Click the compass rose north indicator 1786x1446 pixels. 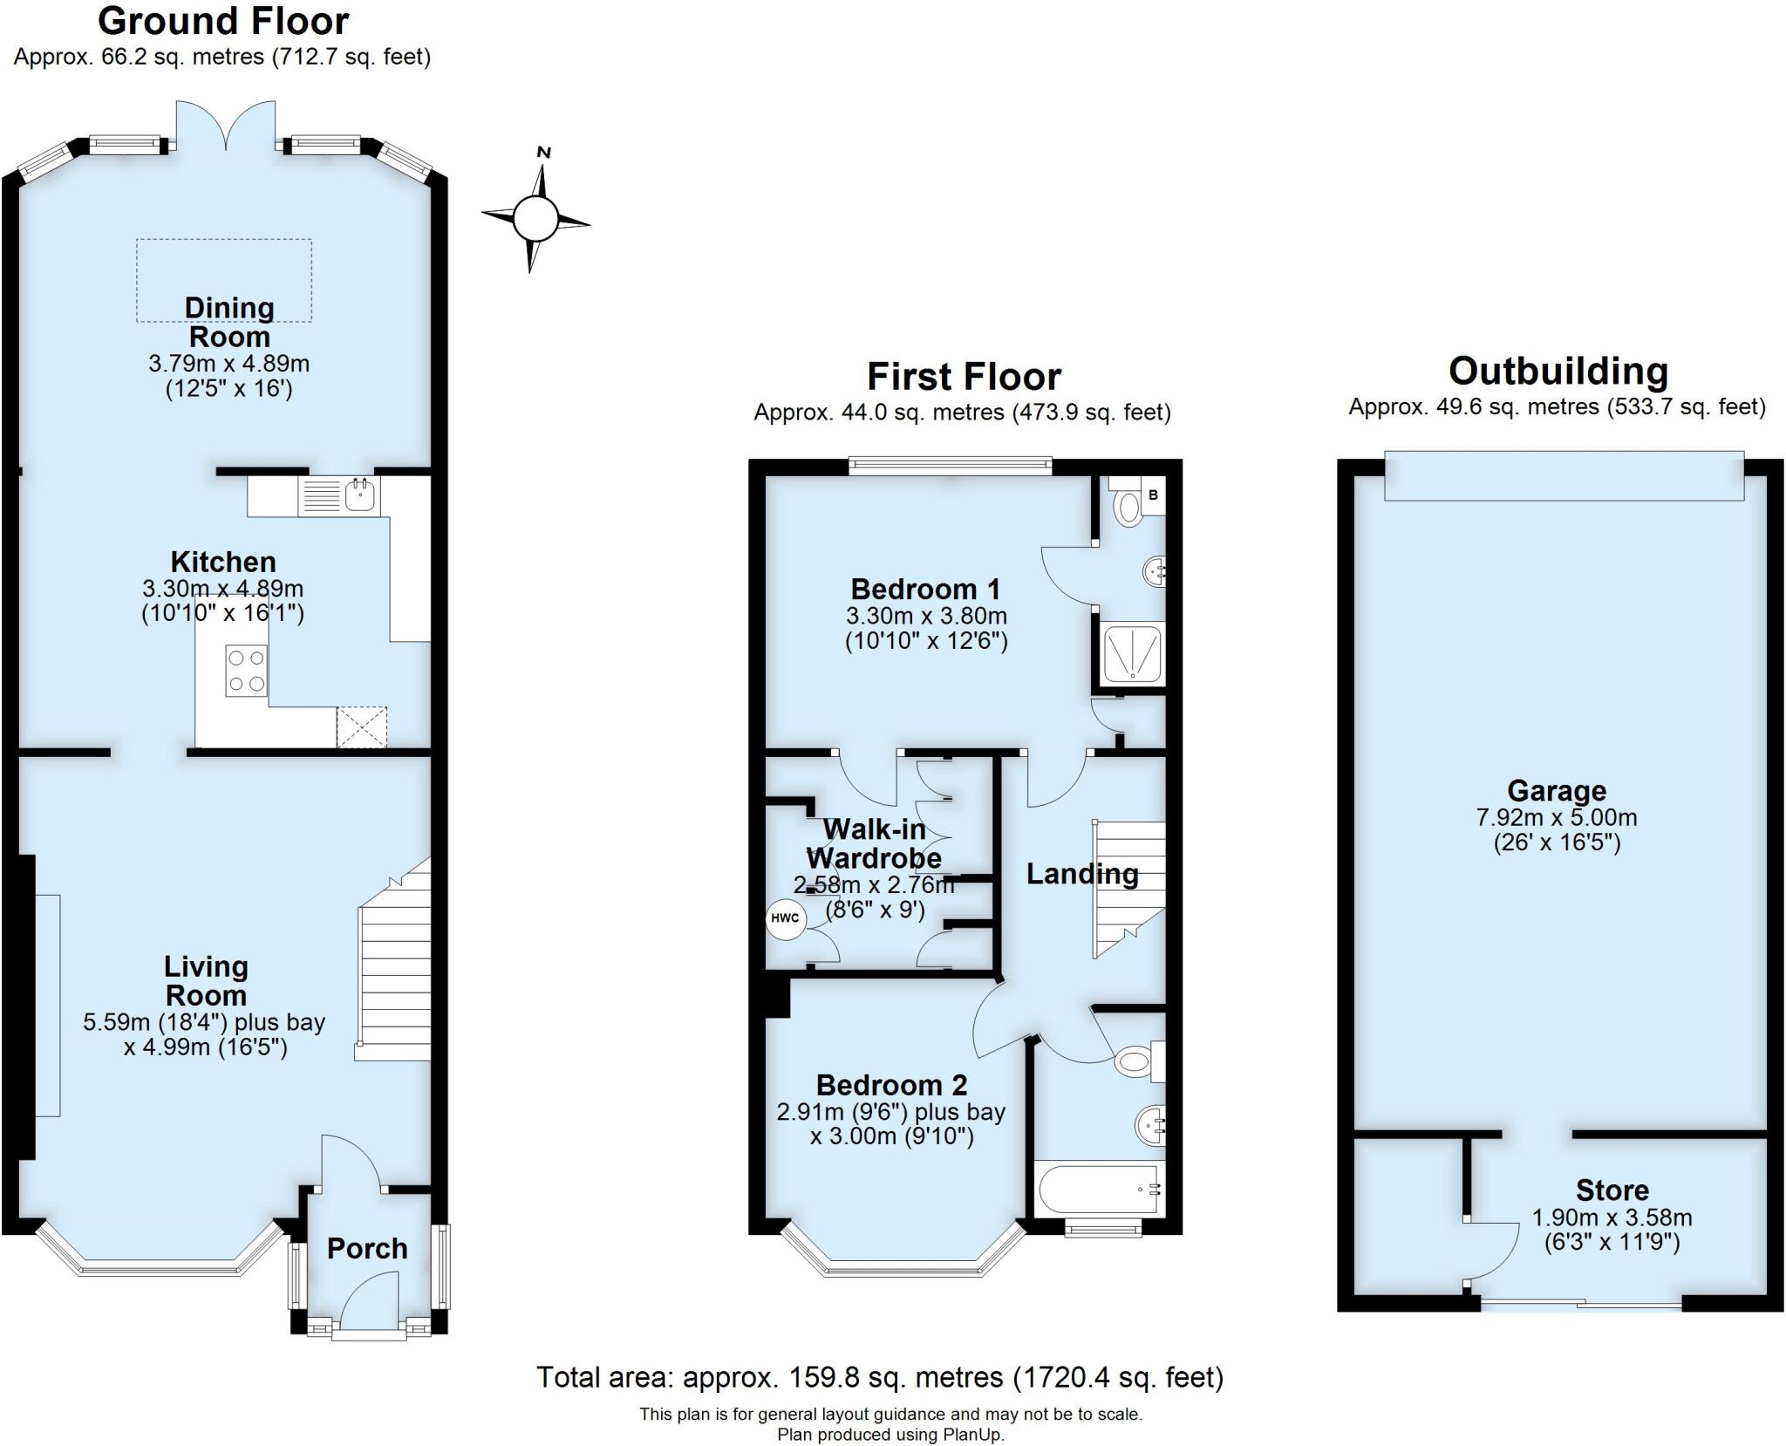[544, 153]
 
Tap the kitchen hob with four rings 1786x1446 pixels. [246, 671]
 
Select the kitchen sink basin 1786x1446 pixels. [360, 495]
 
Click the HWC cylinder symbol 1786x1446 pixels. [785, 918]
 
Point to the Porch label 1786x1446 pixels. [367, 1249]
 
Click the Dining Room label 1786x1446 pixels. [229, 322]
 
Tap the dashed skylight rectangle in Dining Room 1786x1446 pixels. [224, 280]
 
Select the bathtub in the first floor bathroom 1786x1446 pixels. [1098, 1189]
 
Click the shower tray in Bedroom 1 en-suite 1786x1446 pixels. [1132, 653]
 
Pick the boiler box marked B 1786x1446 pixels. [1153, 495]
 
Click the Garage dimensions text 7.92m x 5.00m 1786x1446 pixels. [1557, 818]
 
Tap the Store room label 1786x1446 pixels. [1612, 1190]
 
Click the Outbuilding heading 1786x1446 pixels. [1558, 372]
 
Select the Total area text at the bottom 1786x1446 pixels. [879, 1377]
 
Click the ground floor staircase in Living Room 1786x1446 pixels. [395, 977]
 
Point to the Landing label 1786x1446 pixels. [1081, 874]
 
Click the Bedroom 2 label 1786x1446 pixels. [891, 1086]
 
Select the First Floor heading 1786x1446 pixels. [964, 378]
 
